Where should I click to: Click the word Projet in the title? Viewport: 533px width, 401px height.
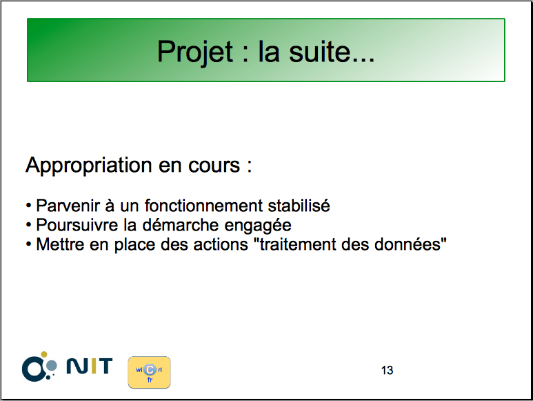[x=195, y=52]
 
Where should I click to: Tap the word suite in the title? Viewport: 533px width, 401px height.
[x=319, y=52]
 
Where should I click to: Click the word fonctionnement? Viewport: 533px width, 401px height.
[x=203, y=206]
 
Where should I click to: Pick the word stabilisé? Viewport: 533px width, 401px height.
[x=299, y=206]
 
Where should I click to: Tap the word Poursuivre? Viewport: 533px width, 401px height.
[x=77, y=225]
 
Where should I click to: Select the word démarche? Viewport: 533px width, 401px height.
[x=181, y=225]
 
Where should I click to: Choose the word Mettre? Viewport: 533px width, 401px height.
[x=60, y=244]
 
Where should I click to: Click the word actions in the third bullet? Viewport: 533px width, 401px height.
[x=221, y=244]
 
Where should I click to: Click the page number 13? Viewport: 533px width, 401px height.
[x=388, y=370]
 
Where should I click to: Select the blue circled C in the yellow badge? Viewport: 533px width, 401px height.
[x=150, y=370]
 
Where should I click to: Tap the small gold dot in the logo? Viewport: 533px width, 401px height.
[x=44, y=354]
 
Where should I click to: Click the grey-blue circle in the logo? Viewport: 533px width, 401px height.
[x=51, y=366]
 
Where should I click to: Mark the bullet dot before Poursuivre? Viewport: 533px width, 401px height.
[x=29, y=225]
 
